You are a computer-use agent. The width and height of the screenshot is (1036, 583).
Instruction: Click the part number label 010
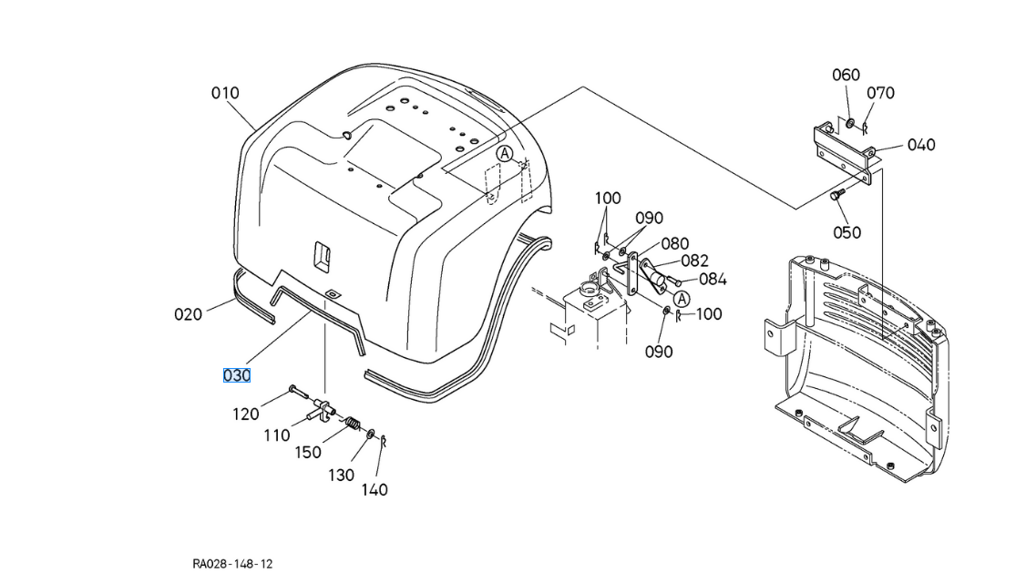point(225,93)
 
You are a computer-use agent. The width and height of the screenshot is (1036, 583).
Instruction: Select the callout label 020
point(188,314)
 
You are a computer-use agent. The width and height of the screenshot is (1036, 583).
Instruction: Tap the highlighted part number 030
point(237,375)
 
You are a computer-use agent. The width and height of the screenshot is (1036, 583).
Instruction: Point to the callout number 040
point(921,145)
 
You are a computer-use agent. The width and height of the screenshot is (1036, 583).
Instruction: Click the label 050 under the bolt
point(846,232)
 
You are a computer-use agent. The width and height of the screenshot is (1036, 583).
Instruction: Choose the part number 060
point(846,75)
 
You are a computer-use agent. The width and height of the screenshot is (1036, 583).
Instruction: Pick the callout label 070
point(880,93)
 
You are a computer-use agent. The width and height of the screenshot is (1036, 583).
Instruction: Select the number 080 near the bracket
point(675,243)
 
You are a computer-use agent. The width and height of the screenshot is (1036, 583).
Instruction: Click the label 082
point(694,261)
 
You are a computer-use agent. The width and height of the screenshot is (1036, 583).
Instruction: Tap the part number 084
point(713,280)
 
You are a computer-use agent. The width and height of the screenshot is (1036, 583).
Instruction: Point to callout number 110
point(277,435)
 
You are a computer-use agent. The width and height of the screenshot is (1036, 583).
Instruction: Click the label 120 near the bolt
point(246,414)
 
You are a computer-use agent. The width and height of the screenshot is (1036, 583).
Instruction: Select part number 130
point(342,475)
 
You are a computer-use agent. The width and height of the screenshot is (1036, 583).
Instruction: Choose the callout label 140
point(374,490)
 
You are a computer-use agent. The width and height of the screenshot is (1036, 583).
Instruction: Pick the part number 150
point(308,453)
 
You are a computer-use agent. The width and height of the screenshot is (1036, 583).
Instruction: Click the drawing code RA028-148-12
point(232,564)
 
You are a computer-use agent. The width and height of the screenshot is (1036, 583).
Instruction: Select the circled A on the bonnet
point(504,154)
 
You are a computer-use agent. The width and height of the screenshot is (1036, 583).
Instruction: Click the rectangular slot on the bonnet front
point(321,255)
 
